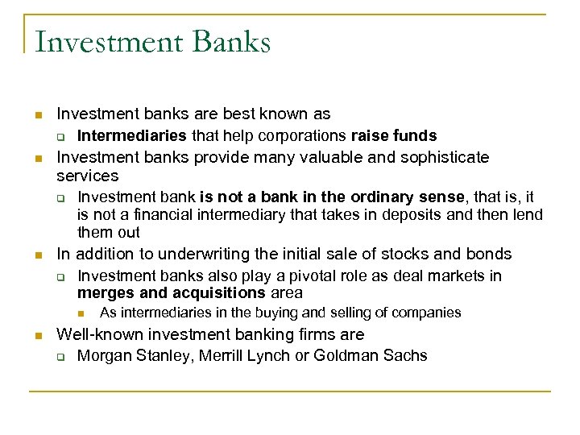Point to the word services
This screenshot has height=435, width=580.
click(87, 176)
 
